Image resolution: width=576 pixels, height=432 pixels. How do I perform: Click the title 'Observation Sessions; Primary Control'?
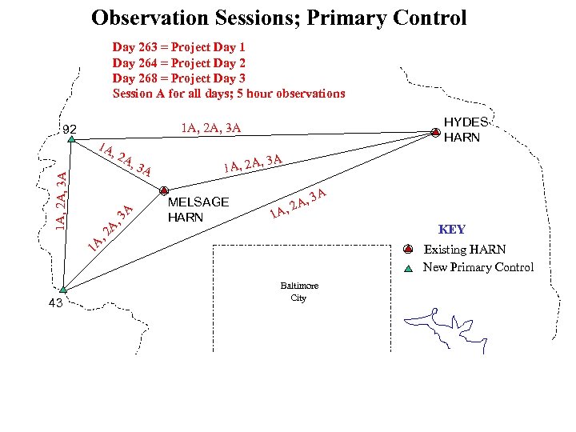278,18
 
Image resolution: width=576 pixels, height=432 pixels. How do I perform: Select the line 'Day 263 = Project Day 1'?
178,47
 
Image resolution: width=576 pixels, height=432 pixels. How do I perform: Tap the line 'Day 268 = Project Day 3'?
178,78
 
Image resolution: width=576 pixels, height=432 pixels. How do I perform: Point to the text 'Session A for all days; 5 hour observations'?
229,94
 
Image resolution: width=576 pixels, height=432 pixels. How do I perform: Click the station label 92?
70,129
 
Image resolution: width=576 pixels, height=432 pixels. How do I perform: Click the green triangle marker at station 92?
71,139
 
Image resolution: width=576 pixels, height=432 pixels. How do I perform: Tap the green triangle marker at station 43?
64,290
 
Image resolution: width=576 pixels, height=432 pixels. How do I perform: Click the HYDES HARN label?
465,130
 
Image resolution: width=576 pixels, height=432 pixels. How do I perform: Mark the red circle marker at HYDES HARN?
434,134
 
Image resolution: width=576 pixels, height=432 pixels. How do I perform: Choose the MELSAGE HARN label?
198,210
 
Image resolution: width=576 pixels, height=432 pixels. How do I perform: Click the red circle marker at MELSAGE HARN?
163,190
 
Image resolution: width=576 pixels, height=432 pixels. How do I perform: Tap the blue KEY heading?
451,230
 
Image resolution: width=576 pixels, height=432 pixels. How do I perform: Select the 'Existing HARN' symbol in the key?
408,249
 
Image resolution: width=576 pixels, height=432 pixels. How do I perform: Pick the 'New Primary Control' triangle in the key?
408,268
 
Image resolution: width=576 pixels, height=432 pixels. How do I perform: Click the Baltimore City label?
299,292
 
